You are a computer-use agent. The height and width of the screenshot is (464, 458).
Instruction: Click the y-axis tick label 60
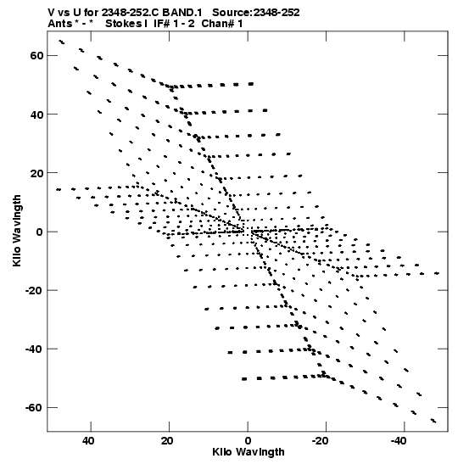pyautogui.click(x=36, y=55)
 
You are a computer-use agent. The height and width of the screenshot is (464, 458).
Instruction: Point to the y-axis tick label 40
pyautogui.click(x=36, y=115)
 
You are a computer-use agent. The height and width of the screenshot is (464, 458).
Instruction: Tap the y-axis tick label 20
pyautogui.click(x=36, y=173)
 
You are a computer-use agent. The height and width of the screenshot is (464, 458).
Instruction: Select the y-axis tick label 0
pyautogui.click(x=40, y=232)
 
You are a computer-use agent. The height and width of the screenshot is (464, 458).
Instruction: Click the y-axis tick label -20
pyautogui.click(x=34, y=290)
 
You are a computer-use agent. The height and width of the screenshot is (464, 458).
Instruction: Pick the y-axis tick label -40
pyautogui.click(x=34, y=349)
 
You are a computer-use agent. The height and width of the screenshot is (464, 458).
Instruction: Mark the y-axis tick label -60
pyautogui.click(x=34, y=408)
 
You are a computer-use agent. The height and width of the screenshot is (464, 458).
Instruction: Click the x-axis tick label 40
pyautogui.click(x=88, y=441)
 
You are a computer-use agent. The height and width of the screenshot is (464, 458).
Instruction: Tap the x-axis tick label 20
pyautogui.click(x=167, y=441)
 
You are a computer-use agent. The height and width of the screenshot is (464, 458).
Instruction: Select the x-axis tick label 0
pyautogui.click(x=248, y=441)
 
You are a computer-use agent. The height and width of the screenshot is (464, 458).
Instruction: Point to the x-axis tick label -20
pyautogui.click(x=320, y=441)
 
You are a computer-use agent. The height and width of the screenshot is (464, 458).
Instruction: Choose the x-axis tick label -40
pyautogui.click(x=399, y=441)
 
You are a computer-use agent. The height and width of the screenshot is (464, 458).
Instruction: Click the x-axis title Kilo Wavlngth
pyautogui.click(x=249, y=452)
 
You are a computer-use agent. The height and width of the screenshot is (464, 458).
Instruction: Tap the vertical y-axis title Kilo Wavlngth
pyautogui.click(x=17, y=231)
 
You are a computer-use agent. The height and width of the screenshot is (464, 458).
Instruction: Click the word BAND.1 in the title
pyautogui.click(x=182, y=13)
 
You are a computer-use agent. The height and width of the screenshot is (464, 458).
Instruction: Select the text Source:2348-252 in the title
pyautogui.click(x=256, y=13)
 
